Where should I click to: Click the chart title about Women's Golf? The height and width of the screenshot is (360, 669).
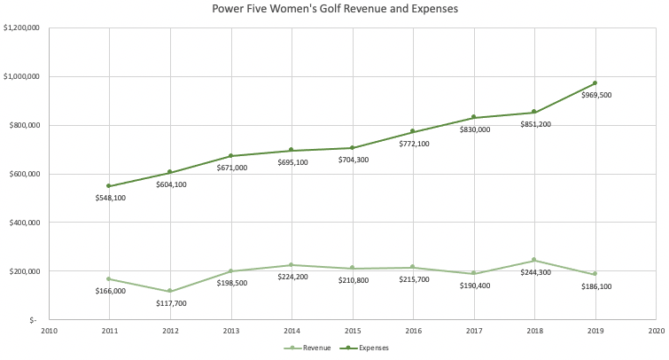pos(334,10)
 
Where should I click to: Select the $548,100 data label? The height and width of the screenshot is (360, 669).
pos(111,198)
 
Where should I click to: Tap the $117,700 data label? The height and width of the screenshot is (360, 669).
pos(171,302)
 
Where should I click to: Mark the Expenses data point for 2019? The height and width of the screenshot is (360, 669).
pos(595,83)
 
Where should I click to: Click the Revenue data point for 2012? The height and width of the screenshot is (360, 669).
pos(170,291)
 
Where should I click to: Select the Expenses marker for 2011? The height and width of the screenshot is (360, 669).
pos(109,186)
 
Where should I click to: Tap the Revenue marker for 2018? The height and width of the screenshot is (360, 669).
pos(534,260)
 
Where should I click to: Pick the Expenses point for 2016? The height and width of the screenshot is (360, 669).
pos(413,131)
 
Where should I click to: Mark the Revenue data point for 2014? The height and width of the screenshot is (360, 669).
pos(292,265)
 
